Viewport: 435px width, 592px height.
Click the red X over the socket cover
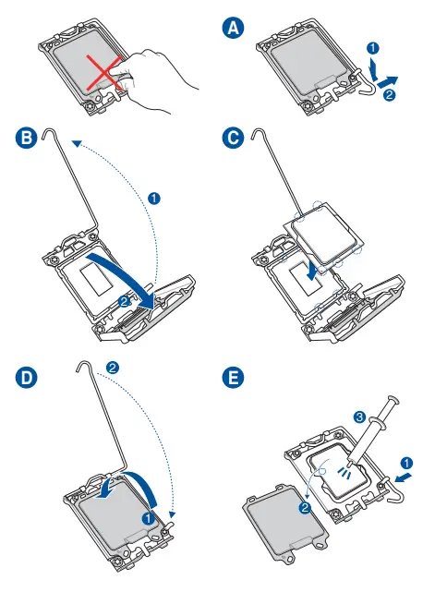(x=105, y=73)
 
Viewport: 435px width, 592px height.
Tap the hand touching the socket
(x=159, y=79)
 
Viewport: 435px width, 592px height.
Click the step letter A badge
(x=233, y=29)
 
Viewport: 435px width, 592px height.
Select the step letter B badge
(x=27, y=137)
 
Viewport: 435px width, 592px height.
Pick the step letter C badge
(x=233, y=137)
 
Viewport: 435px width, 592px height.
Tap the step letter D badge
(x=27, y=378)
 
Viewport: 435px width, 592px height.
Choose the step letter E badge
(x=233, y=378)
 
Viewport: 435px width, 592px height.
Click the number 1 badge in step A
(x=373, y=48)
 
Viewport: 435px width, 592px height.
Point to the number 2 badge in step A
(x=389, y=94)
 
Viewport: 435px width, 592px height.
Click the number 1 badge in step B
(x=153, y=198)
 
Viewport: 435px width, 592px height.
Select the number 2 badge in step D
(x=113, y=368)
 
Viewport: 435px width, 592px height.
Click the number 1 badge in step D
(x=148, y=518)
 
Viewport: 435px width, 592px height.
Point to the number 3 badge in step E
(x=359, y=417)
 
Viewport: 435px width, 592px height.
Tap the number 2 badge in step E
(x=305, y=507)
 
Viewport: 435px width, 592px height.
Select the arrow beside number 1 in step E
(x=403, y=477)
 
